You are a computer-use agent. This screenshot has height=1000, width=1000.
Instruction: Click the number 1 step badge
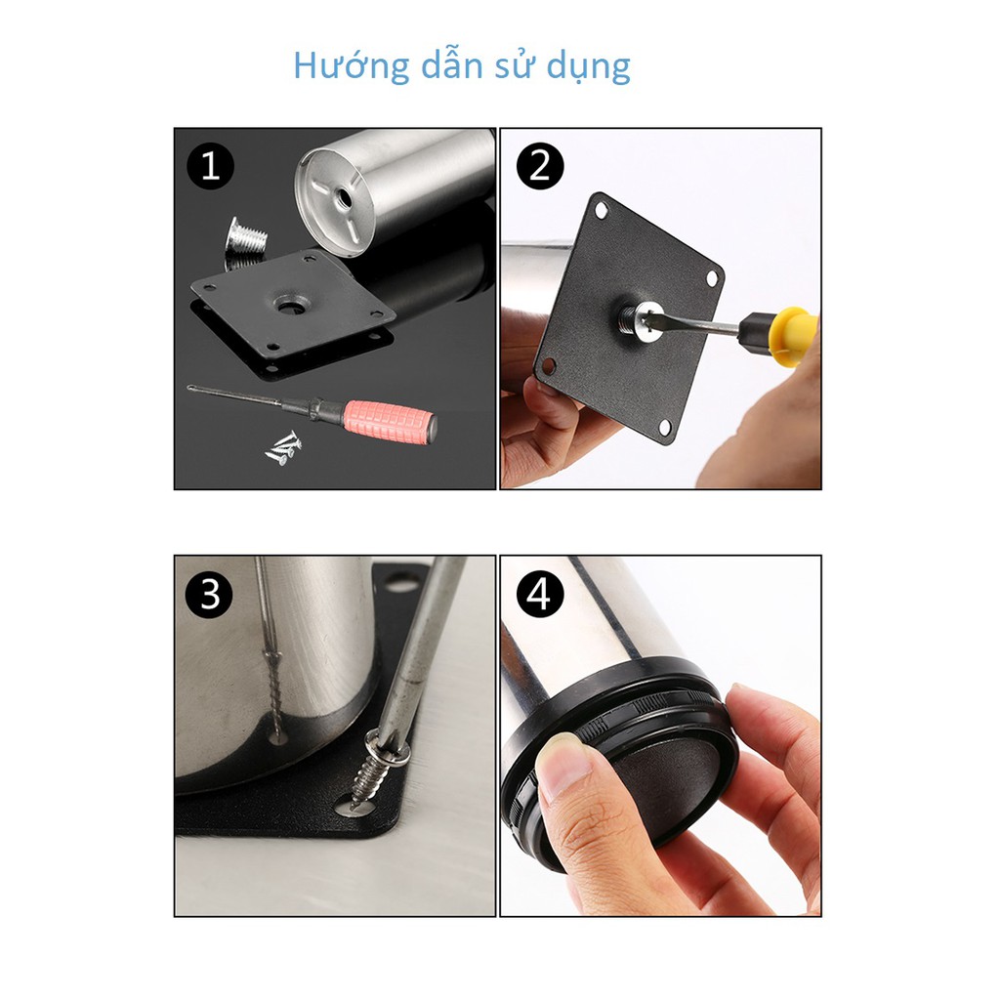click(211, 166)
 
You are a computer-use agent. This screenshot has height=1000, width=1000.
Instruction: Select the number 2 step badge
click(539, 166)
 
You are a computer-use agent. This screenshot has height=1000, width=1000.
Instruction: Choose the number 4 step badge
click(539, 595)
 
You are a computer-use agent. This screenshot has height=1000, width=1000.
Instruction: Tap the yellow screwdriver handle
click(791, 336)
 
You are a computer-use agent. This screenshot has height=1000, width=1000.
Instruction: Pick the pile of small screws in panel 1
click(283, 448)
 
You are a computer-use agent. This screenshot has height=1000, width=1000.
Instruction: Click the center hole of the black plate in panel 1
click(293, 305)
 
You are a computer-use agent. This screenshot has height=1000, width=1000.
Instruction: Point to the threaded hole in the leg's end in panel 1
click(344, 199)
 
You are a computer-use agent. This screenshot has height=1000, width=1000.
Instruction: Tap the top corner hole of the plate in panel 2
click(601, 210)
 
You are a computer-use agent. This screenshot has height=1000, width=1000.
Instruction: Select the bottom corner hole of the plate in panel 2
click(665, 428)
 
